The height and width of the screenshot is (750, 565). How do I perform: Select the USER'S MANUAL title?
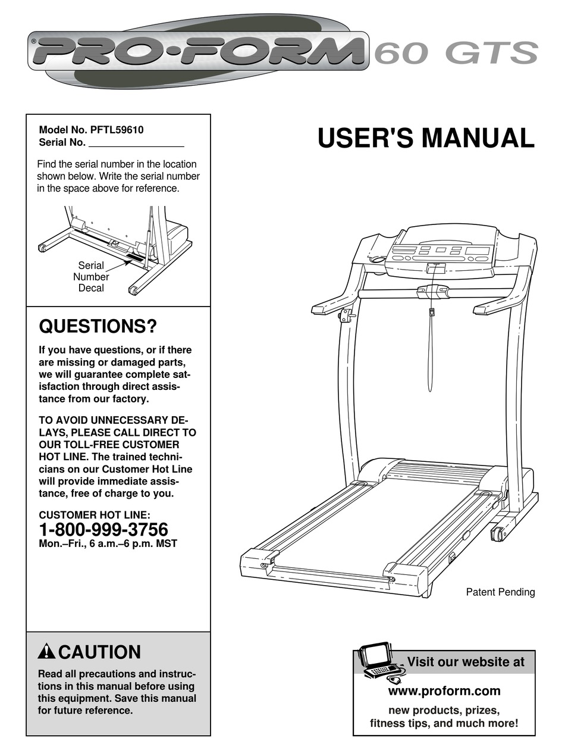426,138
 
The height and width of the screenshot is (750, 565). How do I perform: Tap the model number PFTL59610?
117,130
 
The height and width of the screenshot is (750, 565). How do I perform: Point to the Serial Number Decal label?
91,277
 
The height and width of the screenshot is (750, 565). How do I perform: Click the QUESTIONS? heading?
98,326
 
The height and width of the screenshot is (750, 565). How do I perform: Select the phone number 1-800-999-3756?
103,529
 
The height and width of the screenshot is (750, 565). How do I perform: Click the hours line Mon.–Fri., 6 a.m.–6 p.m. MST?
108,543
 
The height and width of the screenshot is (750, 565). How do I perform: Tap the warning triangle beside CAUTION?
46,652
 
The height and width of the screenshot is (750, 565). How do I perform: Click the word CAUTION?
100,652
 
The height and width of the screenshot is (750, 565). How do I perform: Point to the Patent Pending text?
500,592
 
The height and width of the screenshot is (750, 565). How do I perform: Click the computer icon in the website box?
381,661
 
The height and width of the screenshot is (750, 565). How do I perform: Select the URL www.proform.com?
444,691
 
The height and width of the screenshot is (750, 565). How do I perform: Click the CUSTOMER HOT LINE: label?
95,515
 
